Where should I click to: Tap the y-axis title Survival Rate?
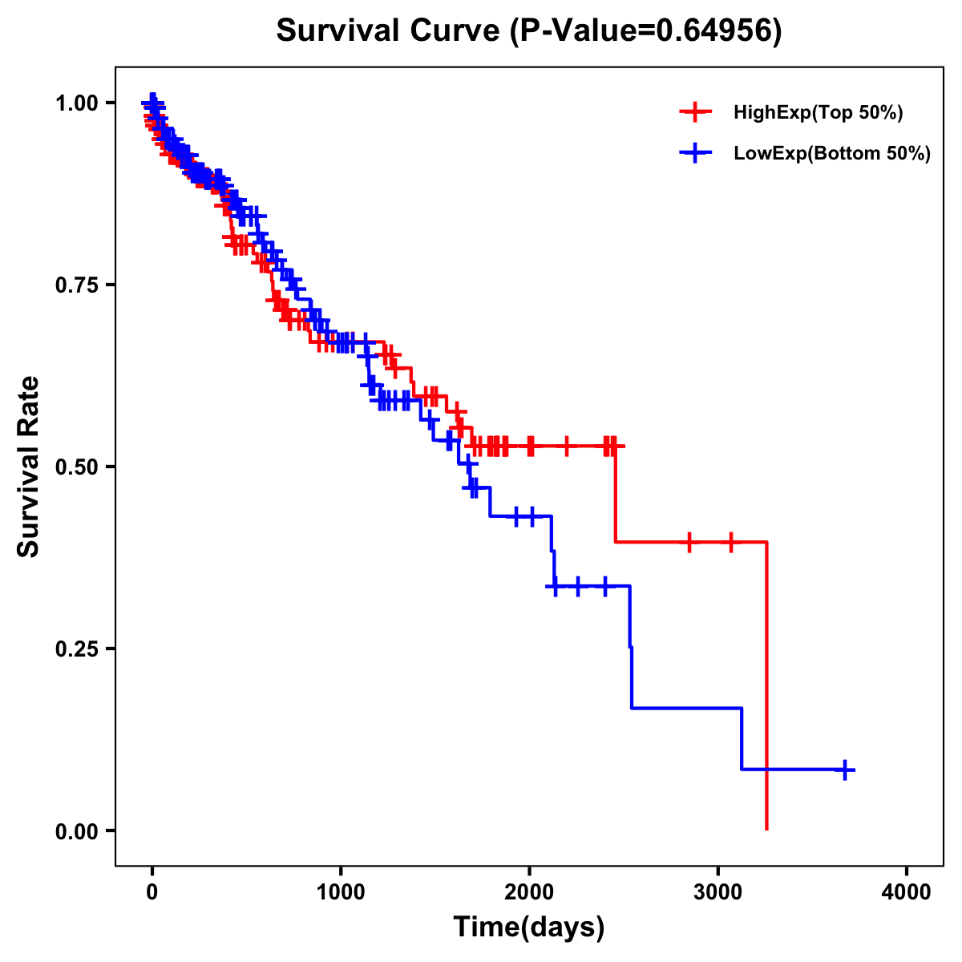pyautogui.click(x=29, y=467)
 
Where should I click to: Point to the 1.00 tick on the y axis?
pyautogui.click(x=76, y=103)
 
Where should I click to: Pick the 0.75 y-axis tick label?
pyautogui.click(x=76, y=285)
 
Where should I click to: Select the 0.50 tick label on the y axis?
pyautogui.click(x=76, y=467)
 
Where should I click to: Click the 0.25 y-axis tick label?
pyautogui.click(x=76, y=649)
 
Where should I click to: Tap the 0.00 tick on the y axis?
pyautogui.click(x=76, y=831)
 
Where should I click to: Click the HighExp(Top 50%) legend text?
pyautogui.click(x=819, y=113)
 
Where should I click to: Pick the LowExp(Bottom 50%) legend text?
pyautogui.click(x=832, y=154)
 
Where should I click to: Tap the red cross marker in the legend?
pyautogui.click(x=695, y=112)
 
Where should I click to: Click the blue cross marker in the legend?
pyautogui.click(x=695, y=153)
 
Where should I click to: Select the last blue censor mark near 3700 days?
pyautogui.click(x=844, y=770)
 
